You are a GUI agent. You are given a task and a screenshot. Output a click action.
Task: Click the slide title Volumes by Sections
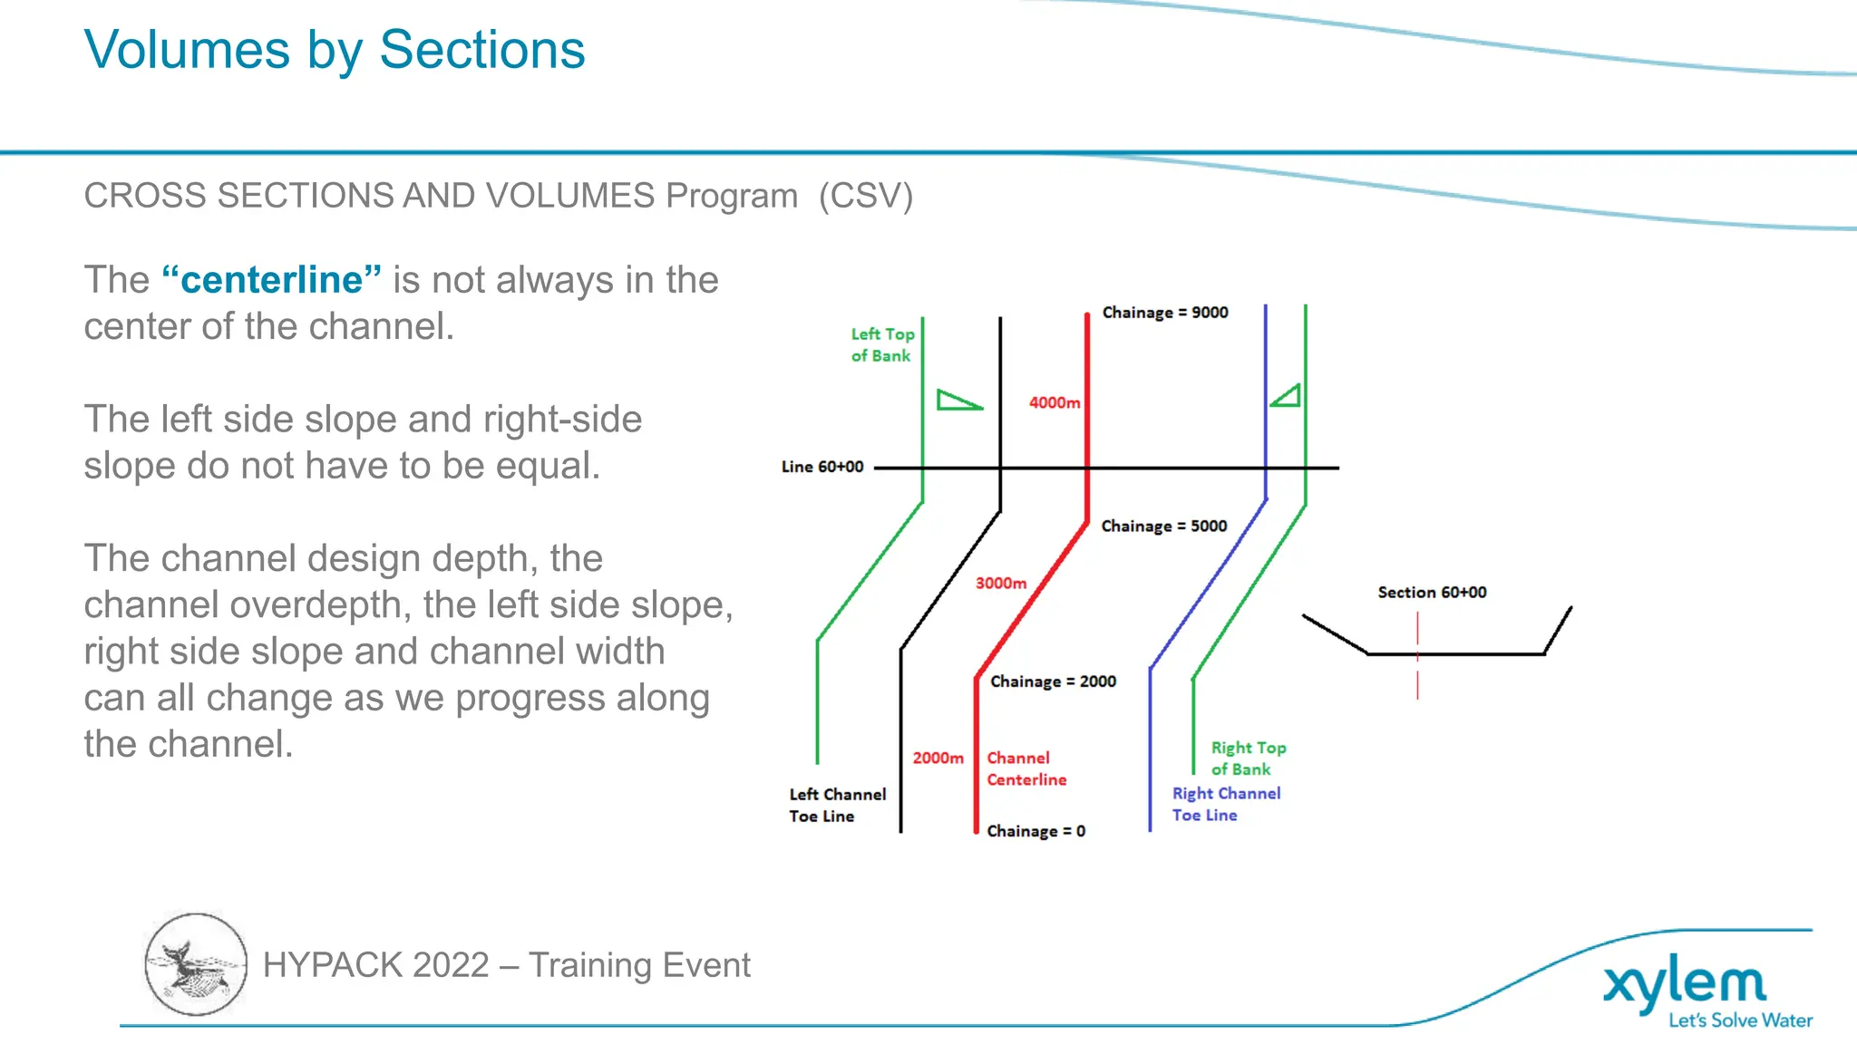[x=335, y=50]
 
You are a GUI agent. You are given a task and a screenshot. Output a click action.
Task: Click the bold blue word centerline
[x=272, y=280]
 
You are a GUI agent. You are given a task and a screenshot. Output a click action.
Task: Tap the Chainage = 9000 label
[x=1165, y=313]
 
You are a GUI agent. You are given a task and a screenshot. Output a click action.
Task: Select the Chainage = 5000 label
[x=1164, y=527]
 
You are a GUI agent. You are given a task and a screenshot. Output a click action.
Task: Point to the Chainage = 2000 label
[x=1053, y=681]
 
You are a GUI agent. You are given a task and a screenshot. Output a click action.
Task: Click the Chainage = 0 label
[x=1035, y=831]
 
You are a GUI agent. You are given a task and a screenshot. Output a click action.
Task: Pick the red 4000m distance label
[x=1055, y=402]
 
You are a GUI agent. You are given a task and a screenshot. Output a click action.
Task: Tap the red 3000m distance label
[x=1001, y=584]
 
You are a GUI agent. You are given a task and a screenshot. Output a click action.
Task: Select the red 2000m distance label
[x=938, y=758]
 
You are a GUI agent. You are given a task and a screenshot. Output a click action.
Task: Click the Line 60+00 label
[x=822, y=467]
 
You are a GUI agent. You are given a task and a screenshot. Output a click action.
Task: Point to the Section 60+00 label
[x=1432, y=593]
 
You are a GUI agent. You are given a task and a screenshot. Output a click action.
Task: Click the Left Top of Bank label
[x=882, y=345]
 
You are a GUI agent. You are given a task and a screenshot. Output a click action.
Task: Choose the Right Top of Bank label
[x=1249, y=759]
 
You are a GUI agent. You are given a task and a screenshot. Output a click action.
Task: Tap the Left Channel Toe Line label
[x=837, y=806]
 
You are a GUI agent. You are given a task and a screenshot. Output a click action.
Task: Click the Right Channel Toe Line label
[x=1226, y=805]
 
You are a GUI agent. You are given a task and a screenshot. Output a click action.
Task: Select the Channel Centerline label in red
[x=1026, y=768]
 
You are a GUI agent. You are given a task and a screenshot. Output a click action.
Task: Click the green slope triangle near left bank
[x=958, y=400]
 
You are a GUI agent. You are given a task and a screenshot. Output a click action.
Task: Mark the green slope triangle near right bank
[x=1286, y=396]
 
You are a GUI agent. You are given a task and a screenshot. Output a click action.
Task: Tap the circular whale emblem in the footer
[x=196, y=964]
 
